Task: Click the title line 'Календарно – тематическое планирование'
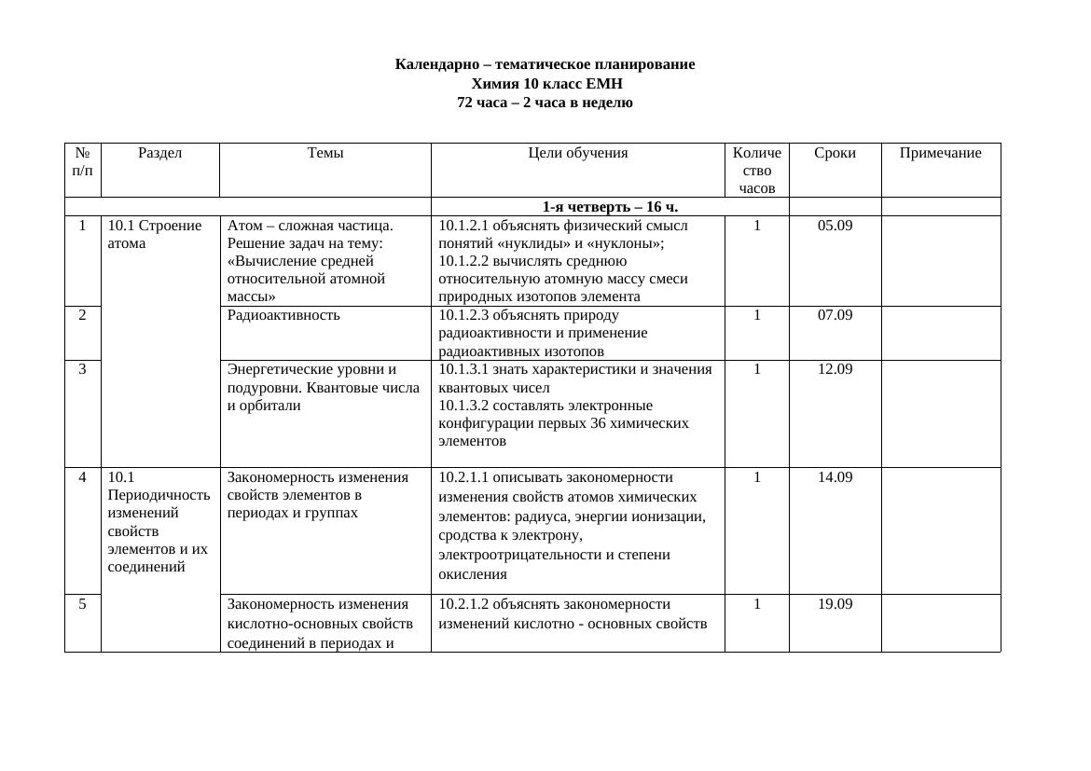(x=545, y=64)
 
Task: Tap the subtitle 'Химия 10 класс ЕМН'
(x=545, y=84)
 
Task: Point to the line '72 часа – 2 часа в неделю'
(x=545, y=103)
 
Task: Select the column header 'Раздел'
(x=159, y=153)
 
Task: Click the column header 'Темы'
(x=325, y=153)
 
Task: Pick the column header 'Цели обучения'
(x=577, y=153)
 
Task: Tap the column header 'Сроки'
(x=835, y=153)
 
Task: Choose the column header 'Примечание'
(x=940, y=153)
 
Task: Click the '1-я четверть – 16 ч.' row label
(x=610, y=207)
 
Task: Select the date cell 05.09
(x=835, y=226)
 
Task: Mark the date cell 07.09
(x=835, y=315)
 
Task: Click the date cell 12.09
(x=835, y=369)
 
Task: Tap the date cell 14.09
(x=835, y=477)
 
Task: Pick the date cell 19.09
(x=835, y=604)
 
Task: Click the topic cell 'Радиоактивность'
(x=283, y=315)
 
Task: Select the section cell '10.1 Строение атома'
(x=154, y=234)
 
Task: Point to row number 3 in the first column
(x=83, y=369)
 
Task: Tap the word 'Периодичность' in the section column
(x=159, y=495)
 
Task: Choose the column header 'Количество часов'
(x=757, y=170)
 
